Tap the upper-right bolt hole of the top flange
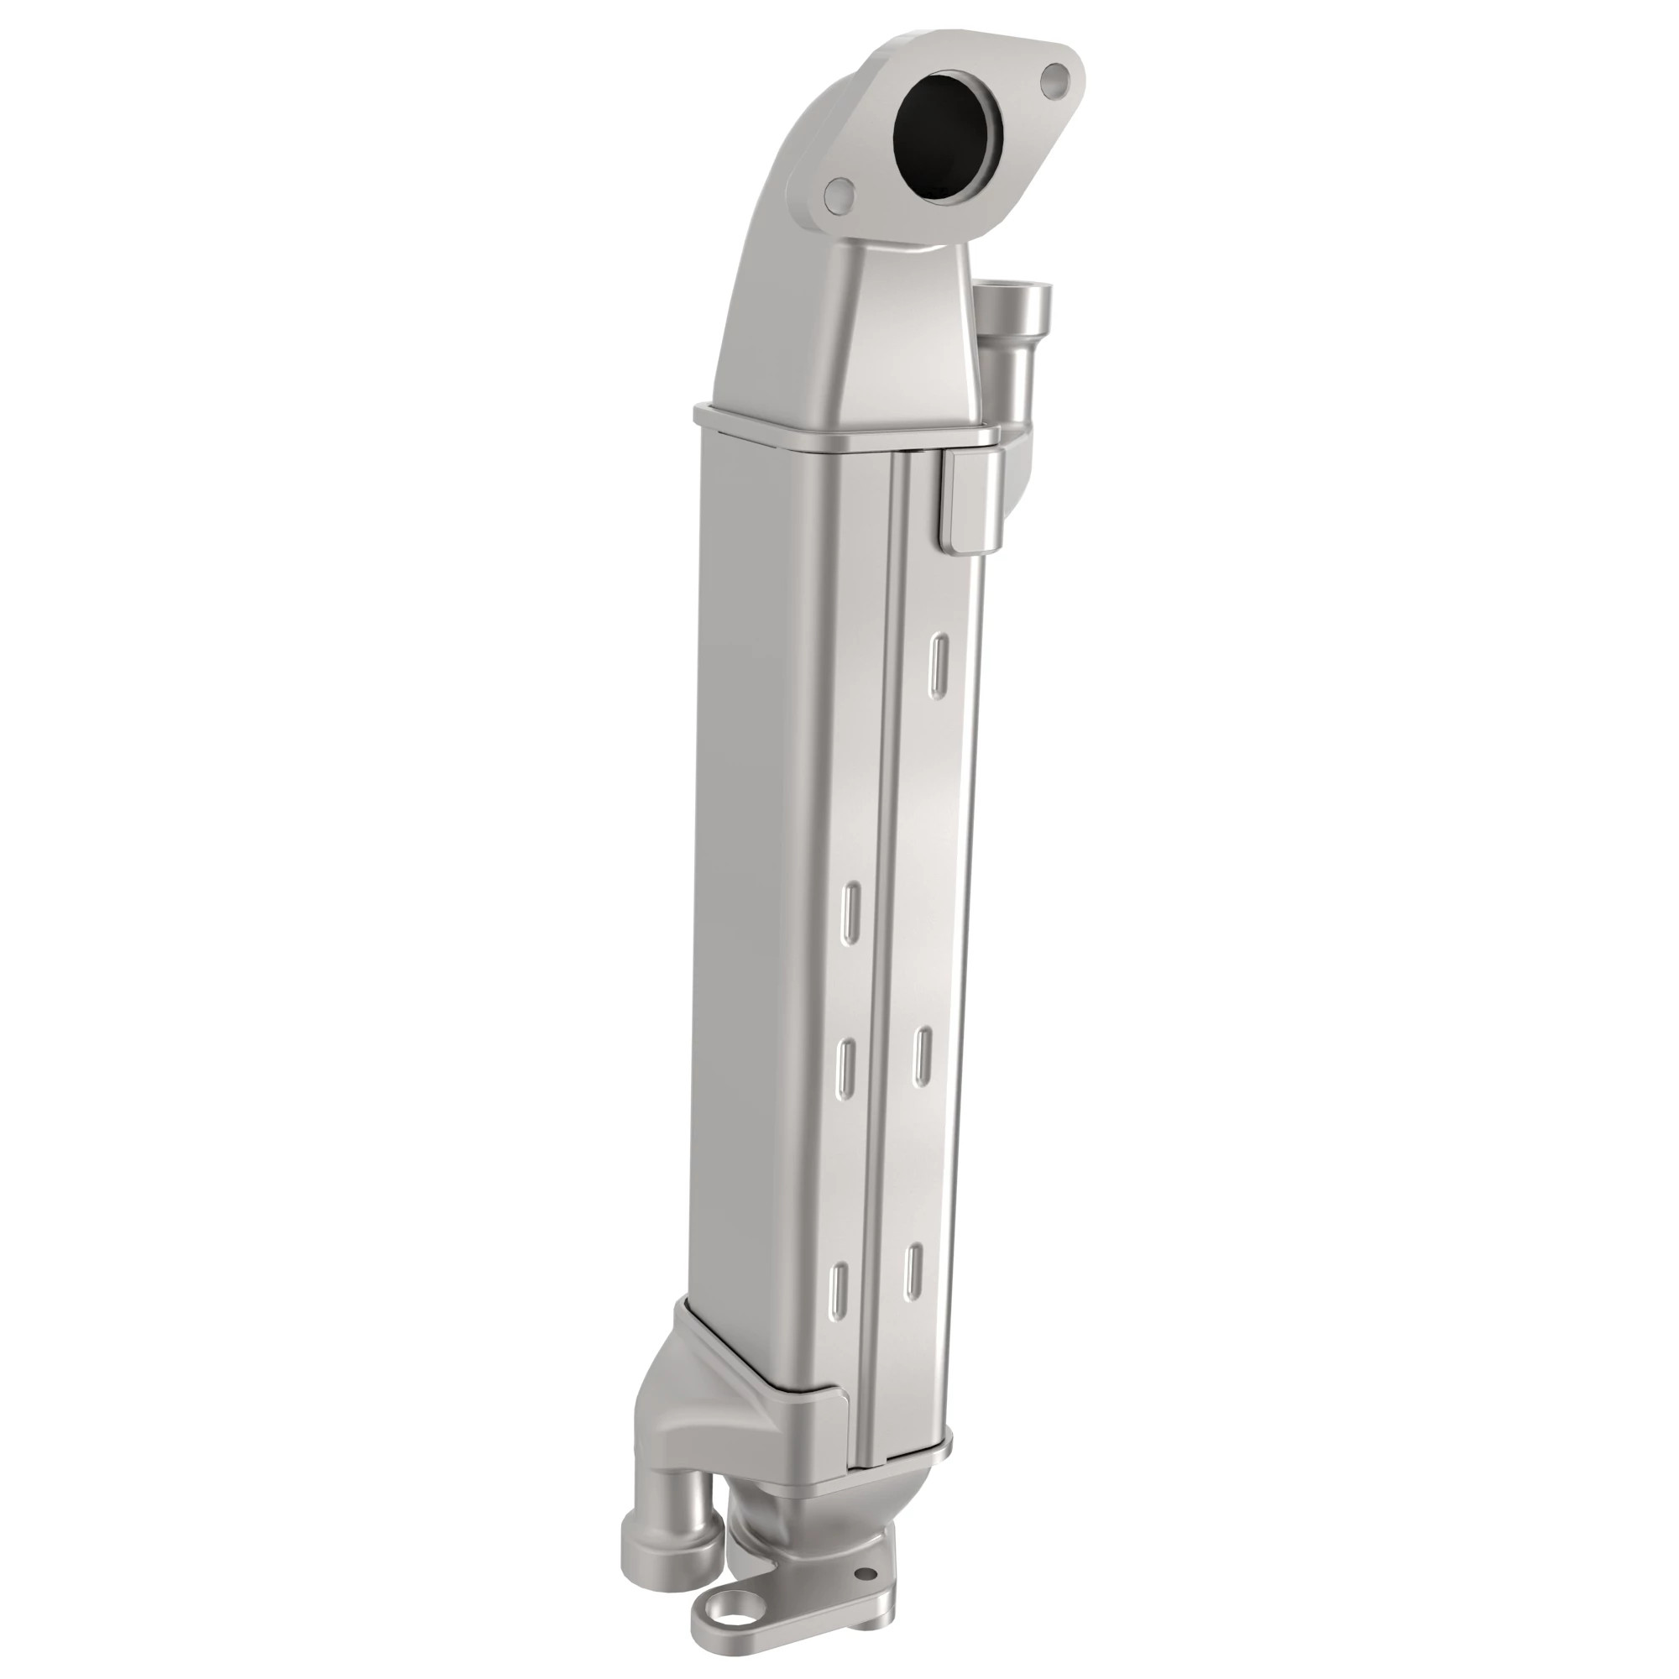click(1056, 79)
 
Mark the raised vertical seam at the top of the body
click(898, 521)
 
